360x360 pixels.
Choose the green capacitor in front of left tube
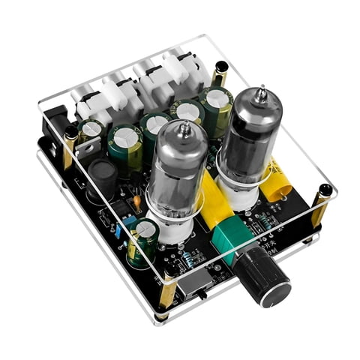point(142,241)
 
